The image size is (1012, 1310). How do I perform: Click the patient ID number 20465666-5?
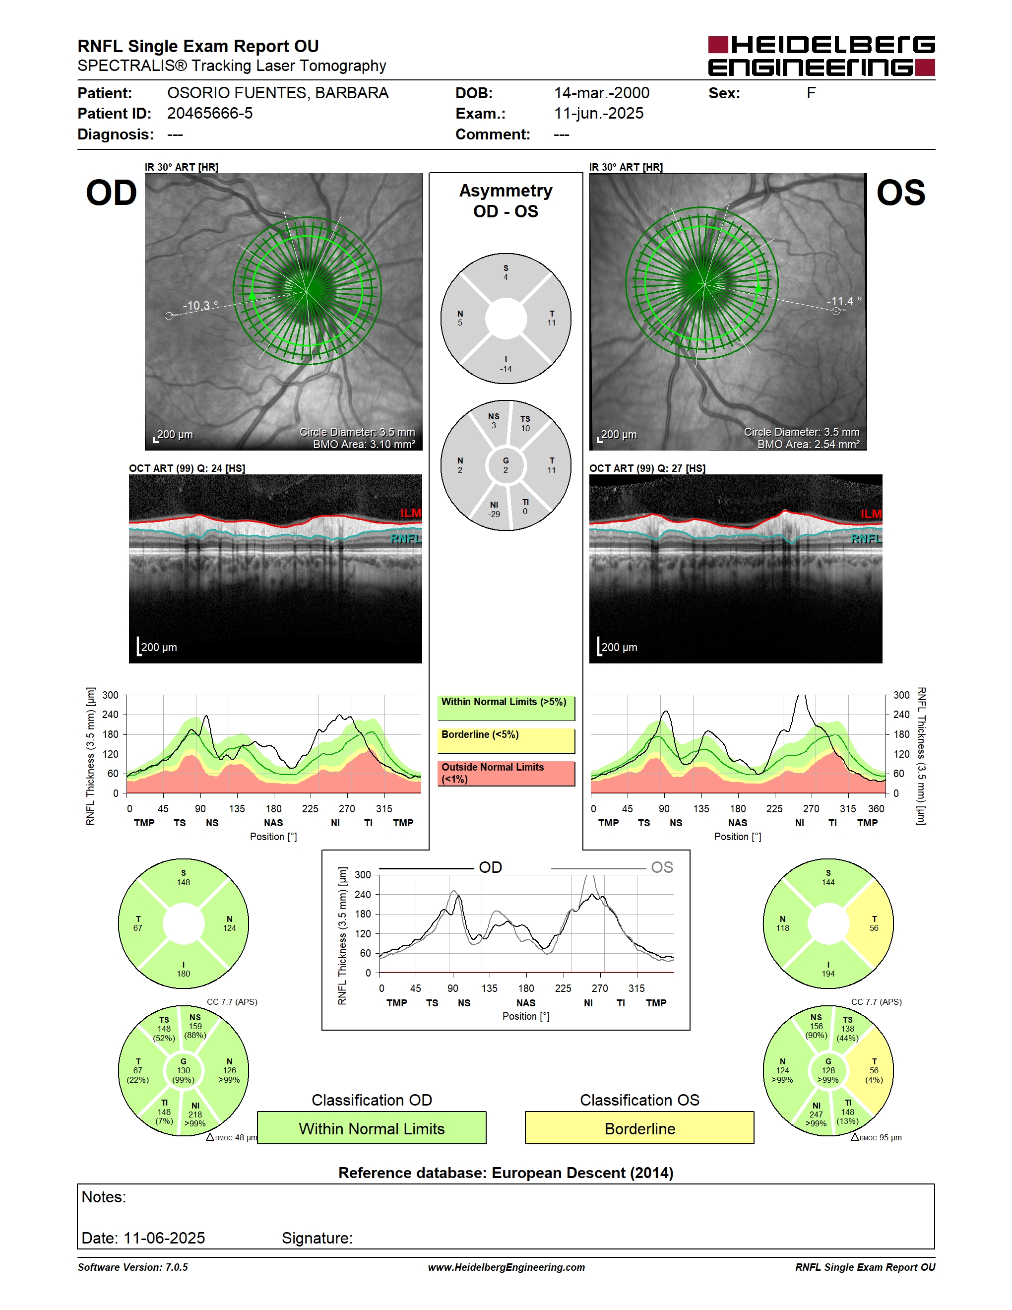(210, 113)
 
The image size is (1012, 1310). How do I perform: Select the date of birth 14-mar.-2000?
(601, 93)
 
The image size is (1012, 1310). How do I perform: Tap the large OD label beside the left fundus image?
(112, 193)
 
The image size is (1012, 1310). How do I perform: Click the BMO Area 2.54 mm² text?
(808, 445)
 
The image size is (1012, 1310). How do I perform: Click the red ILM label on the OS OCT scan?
(871, 514)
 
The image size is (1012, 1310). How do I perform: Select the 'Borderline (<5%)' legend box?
(506, 741)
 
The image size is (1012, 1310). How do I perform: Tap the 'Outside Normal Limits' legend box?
(506, 774)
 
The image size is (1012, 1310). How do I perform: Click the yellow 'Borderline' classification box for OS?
(640, 1128)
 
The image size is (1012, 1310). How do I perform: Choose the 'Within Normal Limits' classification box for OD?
(372, 1128)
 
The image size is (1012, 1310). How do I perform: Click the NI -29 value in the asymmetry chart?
(494, 510)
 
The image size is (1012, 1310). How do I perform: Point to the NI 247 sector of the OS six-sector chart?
(816, 1114)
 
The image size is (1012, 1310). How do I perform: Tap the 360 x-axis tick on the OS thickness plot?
(876, 808)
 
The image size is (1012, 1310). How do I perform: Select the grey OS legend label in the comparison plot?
(662, 867)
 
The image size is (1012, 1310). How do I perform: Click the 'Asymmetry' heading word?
(506, 191)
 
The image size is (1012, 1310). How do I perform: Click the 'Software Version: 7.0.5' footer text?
(132, 1267)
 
